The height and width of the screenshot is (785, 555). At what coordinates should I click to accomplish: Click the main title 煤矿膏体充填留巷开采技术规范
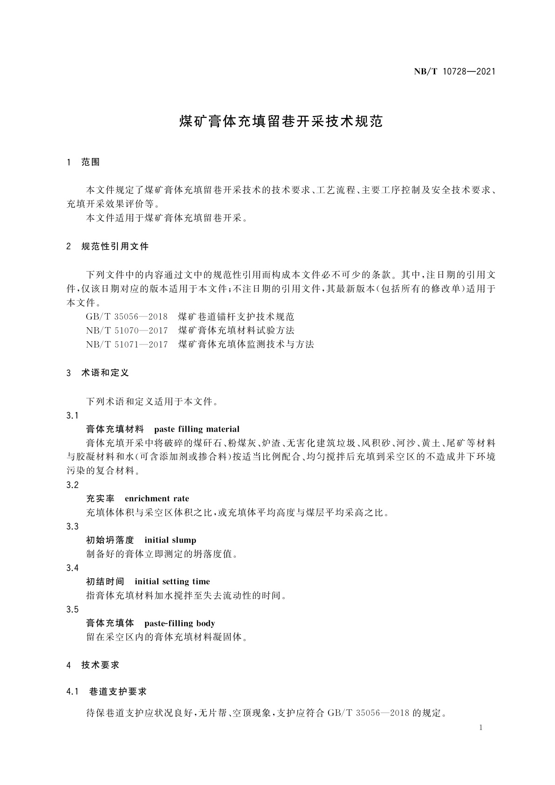pyautogui.click(x=281, y=122)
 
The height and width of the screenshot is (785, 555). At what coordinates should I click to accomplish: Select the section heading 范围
pyautogui.click(x=90, y=162)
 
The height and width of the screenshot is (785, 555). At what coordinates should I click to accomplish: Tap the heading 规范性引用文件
pyautogui.click(x=115, y=246)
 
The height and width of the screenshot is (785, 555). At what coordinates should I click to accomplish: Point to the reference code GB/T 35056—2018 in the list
pyautogui.click(x=127, y=317)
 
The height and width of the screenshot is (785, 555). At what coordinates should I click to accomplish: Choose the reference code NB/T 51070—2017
pyautogui.click(x=127, y=331)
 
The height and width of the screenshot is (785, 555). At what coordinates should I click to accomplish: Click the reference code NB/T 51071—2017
pyautogui.click(x=127, y=344)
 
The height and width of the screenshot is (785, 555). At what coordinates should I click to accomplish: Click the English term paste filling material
pyautogui.click(x=197, y=429)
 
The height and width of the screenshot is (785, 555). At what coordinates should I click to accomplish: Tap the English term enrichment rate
pyautogui.click(x=157, y=499)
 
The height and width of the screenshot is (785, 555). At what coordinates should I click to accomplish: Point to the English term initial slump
pyautogui.click(x=170, y=540)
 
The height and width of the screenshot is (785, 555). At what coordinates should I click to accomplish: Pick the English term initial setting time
pyautogui.click(x=172, y=582)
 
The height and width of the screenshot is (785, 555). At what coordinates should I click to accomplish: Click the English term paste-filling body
pyautogui.click(x=180, y=623)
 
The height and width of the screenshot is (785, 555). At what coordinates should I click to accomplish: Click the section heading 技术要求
pyautogui.click(x=100, y=665)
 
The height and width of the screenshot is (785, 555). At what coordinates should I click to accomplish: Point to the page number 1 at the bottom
pyautogui.click(x=481, y=728)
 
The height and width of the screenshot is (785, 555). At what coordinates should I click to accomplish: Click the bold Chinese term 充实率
pyautogui.click(x=100, y=499)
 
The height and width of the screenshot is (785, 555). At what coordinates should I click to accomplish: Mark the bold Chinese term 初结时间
pyautogui.click(x=105, y=582)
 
